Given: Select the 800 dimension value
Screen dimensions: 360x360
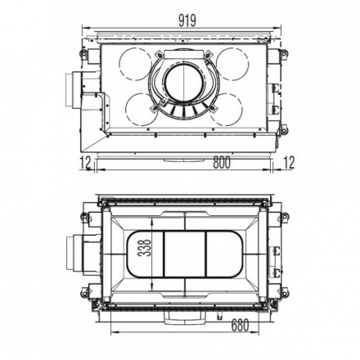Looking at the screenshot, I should click(222, 164).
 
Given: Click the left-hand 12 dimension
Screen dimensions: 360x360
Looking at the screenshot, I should click(86, 164).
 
